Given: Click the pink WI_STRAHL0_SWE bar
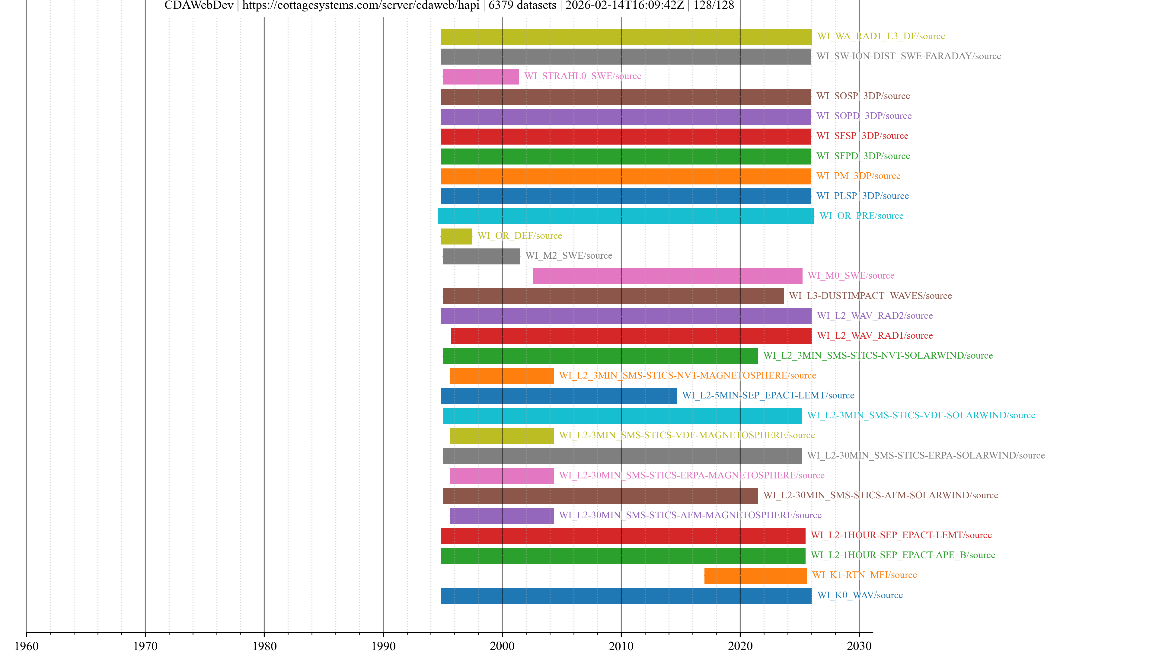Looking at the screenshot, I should pyautogui.click(x=481, y=76).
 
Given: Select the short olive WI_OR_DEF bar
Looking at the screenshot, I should pyautogui.click(x=456, y=236).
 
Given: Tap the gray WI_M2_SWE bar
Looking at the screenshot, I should pyautogui.click(x=481, y=256).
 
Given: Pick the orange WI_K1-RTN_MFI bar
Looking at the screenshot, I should pyautogui.click(x=755, y=576).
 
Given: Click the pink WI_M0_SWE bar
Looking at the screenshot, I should pyautogui.click(x=667, y=276).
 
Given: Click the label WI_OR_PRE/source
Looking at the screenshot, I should pyautogui.click(x=861, y=216).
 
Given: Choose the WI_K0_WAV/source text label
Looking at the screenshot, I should pyautogui.click(x=860, y=595).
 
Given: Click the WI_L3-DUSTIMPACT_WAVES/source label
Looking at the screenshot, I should pyautogui.click(x=870, y=296).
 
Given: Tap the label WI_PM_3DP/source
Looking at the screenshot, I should pyautogui.click(x=858, y=176).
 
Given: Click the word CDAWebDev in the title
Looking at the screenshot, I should pyautogui.click(x=199, y=5).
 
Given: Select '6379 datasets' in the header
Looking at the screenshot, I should pyautogui.click(x=522, y=5).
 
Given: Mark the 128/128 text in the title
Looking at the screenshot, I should pyautogui.click(x=714, y=5).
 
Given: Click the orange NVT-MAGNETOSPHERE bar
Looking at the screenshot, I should pyautogui.click(x=501, y=376).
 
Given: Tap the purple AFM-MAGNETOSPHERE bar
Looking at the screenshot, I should pyautogui.click(x=501, y=516).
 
